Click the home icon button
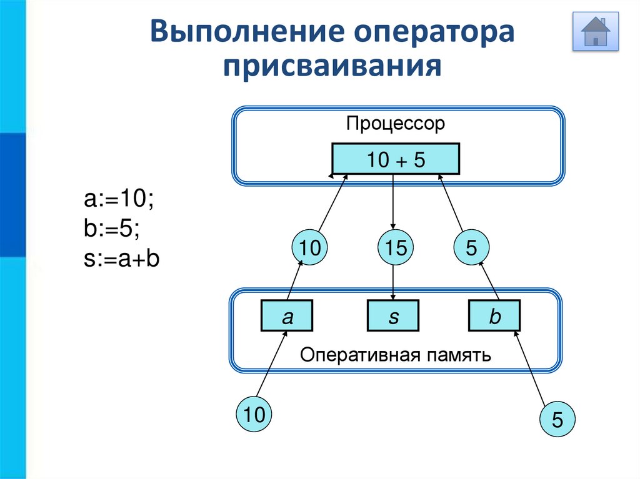coord(596,31)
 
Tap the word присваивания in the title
coord(332,66)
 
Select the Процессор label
coord(395,123)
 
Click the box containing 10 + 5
coord(396,159)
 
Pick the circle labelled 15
coord(396,247)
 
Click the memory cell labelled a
coord(287,315)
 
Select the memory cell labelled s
coord(393,315)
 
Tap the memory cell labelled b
coord(494,315)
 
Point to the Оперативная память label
coord(395,355)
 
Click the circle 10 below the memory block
coord(254,414)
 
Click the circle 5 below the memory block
coord(557,419)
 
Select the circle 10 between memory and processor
coord(309,247)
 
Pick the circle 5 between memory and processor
coord(471,247)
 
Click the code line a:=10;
coord(119,199)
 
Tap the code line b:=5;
coord(111,228)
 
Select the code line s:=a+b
coord(122,259)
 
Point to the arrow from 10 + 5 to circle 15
coord(393,202)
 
